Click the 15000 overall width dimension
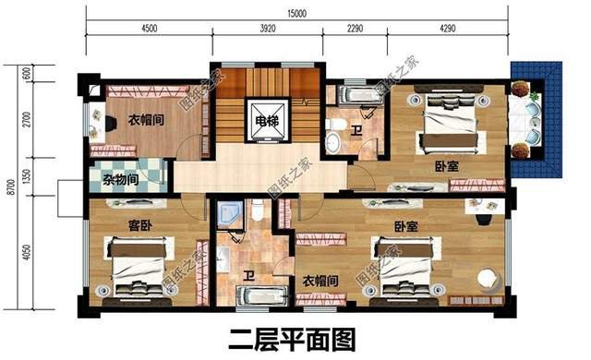coord(296,11)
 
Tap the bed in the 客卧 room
coord(139,268)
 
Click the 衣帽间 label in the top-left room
coord(145,120)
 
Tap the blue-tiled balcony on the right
coord(538,120)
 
